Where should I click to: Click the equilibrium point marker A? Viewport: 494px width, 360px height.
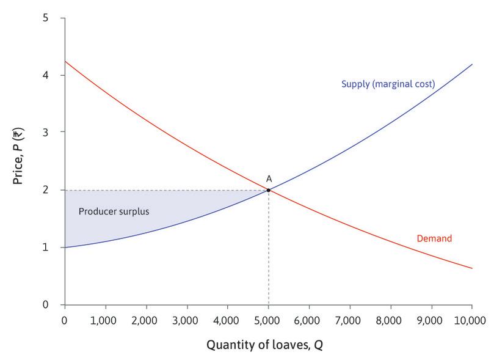(x=268, y=190)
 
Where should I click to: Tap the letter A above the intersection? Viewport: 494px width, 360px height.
(x=268, y=178)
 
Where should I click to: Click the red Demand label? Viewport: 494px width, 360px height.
(x=434, y=238)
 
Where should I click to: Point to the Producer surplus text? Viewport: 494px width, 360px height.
(x=114, y=211)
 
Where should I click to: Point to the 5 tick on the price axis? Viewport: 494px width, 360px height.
(x=45, y=18)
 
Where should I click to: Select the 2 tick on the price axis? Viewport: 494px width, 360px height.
(x=45, y=190)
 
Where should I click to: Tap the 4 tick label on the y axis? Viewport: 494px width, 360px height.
(x=45, y=75)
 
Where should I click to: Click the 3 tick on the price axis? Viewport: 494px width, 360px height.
(x=45, y=133)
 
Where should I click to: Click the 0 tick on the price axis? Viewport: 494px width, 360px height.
(x=45, y=304)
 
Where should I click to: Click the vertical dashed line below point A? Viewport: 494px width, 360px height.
(x=268, y=251)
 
